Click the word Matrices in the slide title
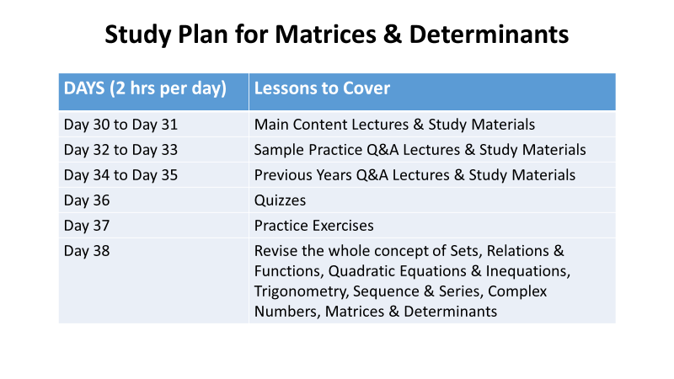coord(325,35)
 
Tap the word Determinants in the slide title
coord(489,35)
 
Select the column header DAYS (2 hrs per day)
coord(145,89)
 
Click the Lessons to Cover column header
coord(322,88)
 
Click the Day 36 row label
coord(87,200)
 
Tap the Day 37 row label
coord(87,226)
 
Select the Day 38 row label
coord(87,251)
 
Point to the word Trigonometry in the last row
coord(301,291)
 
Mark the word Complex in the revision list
coord(517,291)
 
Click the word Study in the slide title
coord(138,35)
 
